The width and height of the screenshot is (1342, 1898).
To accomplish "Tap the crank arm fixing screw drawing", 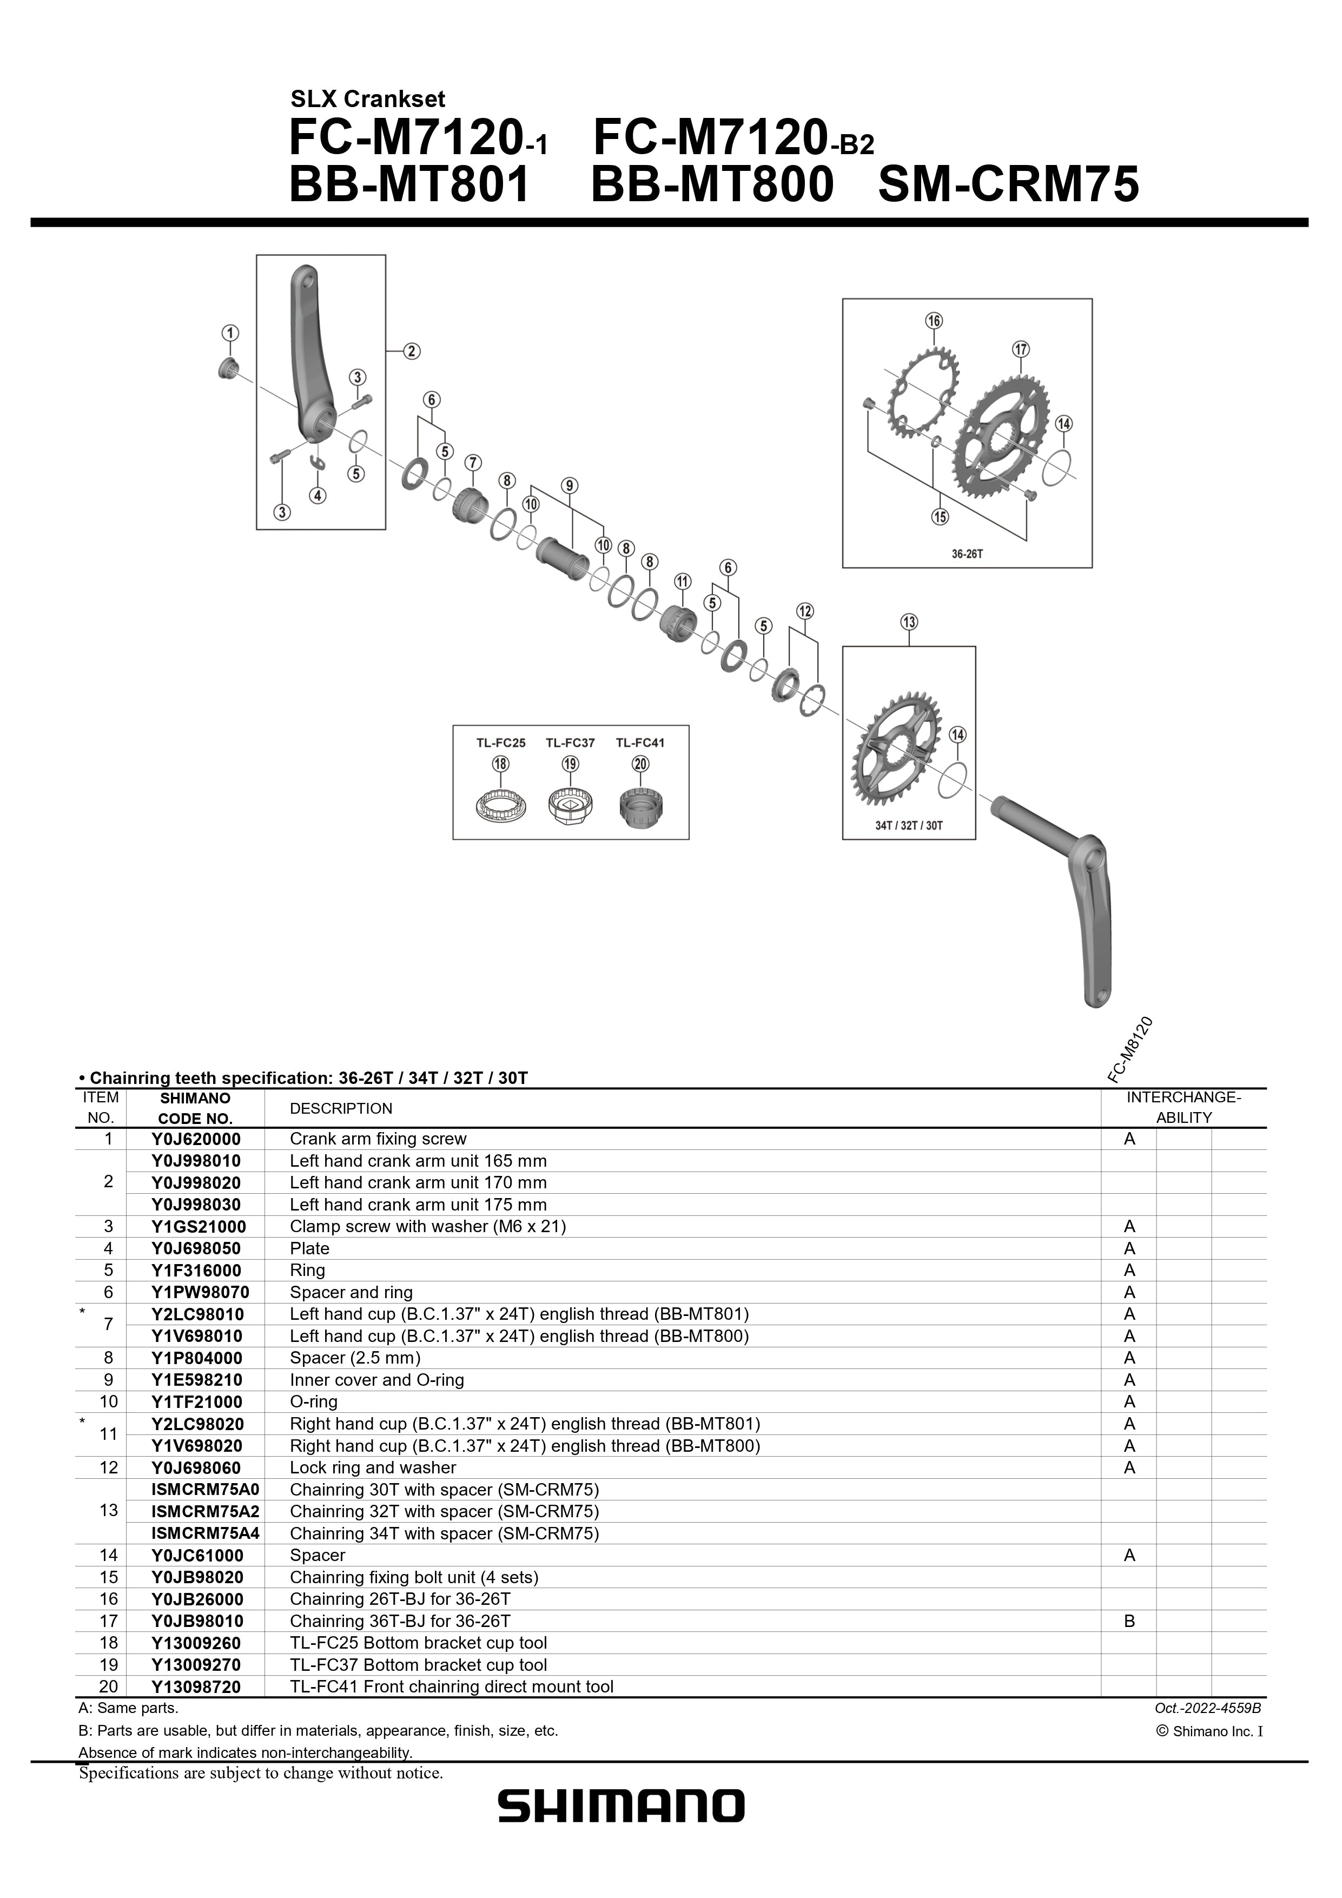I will pos(228,369).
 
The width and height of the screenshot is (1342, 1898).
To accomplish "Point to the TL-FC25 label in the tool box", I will pos(500,742).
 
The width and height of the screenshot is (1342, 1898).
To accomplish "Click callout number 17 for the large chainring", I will pos(1021,349).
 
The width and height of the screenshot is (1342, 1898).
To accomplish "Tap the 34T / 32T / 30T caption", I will pos(909,825).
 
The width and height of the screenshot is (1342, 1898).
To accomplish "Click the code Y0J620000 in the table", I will pos(196,1139).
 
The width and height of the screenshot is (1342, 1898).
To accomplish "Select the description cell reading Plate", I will pos(309,1248).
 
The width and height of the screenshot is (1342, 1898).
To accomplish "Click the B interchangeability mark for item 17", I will pos(1129,1621).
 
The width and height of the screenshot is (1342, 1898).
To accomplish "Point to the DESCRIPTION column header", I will pos(341,1108).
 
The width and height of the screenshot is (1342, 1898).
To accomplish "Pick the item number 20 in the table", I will pos(108,1687).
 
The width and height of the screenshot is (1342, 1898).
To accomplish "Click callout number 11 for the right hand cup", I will pos(682,581).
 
